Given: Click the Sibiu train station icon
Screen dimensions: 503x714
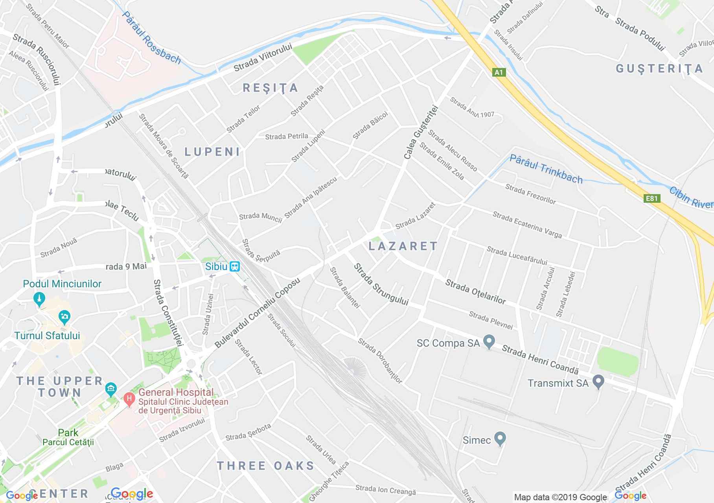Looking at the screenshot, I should pyautogui.click(x=235, y=267).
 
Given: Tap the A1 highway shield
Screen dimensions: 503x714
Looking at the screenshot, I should pyautogui.click(x=499, y=72).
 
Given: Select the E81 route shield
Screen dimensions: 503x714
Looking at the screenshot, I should pyautogui.click(x=651, y=198).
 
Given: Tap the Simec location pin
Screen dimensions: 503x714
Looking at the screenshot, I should pyautogui.click(x=500, y=439).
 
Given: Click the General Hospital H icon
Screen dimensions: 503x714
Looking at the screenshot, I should pyautogui.click(x=128, y=398).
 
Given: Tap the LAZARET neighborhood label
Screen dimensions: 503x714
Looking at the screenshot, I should pyautogui.click(x=403, y=246).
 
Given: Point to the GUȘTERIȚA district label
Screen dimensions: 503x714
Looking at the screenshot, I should pyautogui.click(x=659, y=69).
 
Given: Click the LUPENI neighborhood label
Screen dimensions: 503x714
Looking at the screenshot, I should pyautogui.click(x=212, y=152).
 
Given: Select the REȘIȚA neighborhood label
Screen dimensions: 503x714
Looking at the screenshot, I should pyautogui.click(x=271, y=88).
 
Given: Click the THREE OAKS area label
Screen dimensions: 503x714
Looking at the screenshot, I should pyautogui.click(x=266, y=466).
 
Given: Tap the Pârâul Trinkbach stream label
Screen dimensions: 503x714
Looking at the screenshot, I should pyautogui.click(x=546, y=169).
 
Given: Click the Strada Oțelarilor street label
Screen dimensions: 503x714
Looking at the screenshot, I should pyautogui.click(x=475, y=292).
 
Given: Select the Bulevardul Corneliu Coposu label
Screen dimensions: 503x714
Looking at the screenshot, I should pyautogui.click(x=258, y=313).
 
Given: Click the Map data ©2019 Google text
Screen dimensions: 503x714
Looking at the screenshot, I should pyautogui.click(x=560, y=497).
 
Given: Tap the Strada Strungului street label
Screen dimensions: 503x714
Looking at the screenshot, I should pyautogui.click(x=381, y=284).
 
